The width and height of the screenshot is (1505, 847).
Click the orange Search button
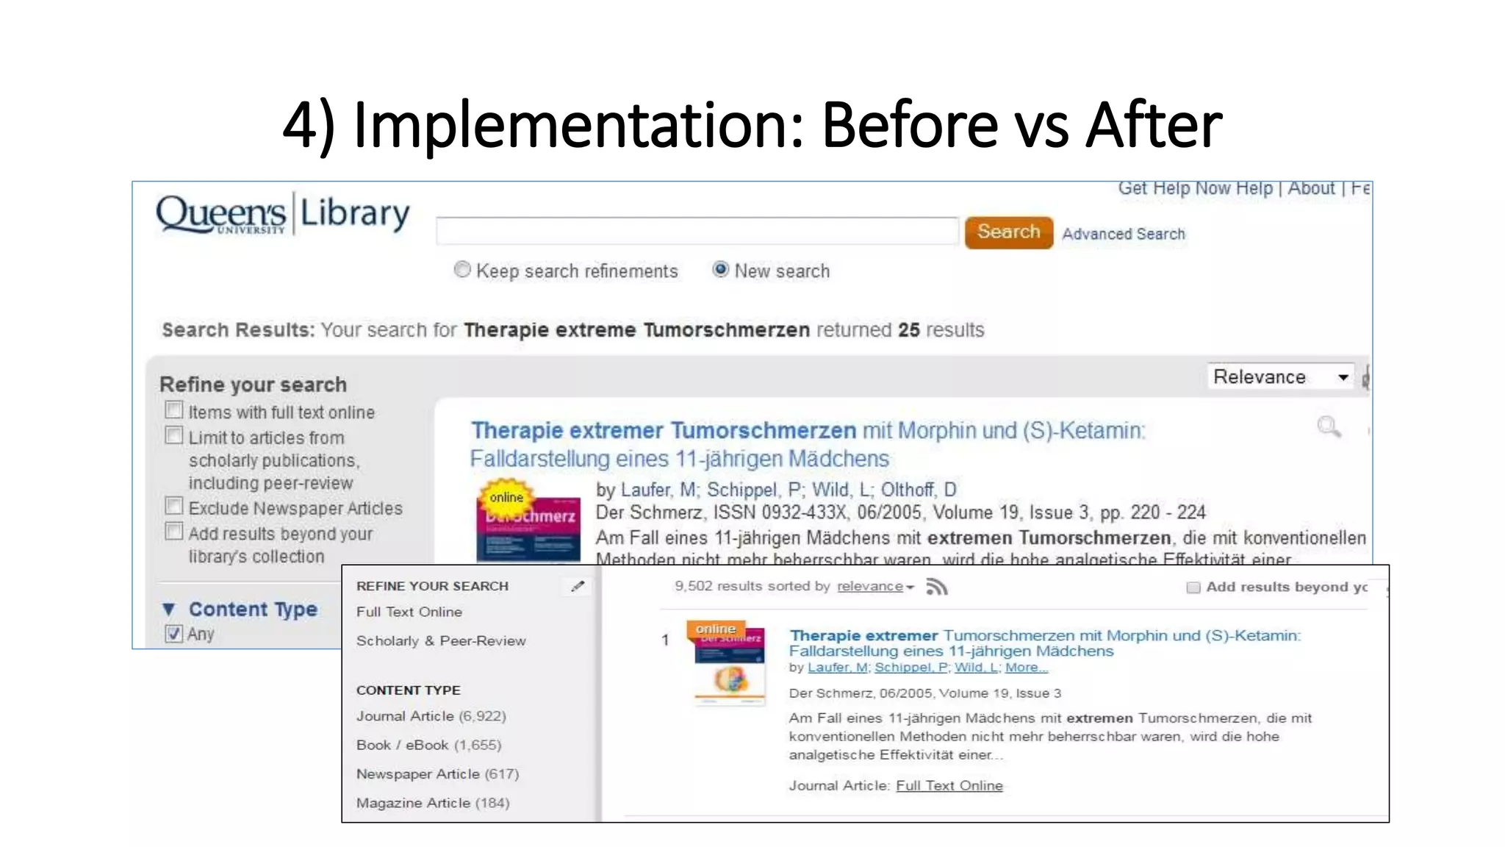pyautogui.click(x=1008, y=232)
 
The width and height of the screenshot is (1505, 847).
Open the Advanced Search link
pyautogui.click(x=1123, y=234)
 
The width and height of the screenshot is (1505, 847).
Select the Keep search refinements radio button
pyautogui.click(x=462, y=270)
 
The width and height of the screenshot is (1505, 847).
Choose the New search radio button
pyautogui.click(x=721, y=270)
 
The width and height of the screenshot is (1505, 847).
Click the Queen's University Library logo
pyautogui.click(x=282, y=214)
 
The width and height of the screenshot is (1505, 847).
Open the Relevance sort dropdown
pyautogui.click(x=1280, y=376)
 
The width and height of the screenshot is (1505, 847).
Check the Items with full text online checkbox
pyautogui.click(x=174, y=410)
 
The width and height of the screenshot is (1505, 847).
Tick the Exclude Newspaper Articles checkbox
pyautogui.click(x=174, y=506)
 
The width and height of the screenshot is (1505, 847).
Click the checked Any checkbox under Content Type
pyautogui.click(x=174, y=633)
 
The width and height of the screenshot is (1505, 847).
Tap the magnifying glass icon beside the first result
pyautogui.click(x=1329, y=426)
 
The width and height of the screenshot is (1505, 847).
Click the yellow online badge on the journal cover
pyautogui.click(x=506, y=498)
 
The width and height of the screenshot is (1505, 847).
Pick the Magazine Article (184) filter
pyautogui.click(x=432, y=803)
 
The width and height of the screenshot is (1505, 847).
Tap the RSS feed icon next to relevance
pyautogui.click(x=937, y=587)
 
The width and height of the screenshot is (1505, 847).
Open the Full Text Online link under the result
pyautogui.click(x=949, y=785)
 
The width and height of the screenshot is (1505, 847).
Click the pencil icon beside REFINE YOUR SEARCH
pyautogui.click(x=578, y=586)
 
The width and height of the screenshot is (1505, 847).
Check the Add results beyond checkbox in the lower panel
pyautogui.click(x=1193, y=587)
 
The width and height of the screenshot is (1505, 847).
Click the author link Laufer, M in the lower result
pyautogui.click(x=837, y=668)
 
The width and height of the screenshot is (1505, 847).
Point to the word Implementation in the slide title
pyautogui.click(x=578, y=125)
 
